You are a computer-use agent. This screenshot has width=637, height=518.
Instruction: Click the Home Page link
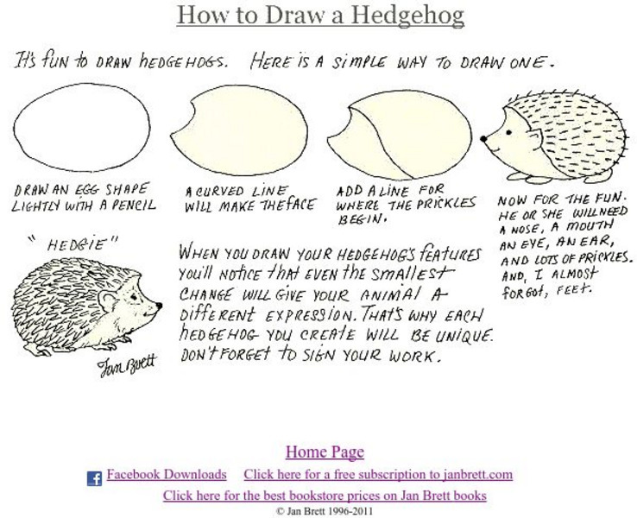click(x=325, y=452)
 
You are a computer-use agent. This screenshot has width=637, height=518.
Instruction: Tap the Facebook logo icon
click(x=94, y=478)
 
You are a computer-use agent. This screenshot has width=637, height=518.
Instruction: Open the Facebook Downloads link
click(x=167, y=475)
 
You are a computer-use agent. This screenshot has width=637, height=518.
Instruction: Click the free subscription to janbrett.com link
click(x=378, y=475)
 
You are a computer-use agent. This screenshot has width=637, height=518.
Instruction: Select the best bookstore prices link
click(x=325, y=496)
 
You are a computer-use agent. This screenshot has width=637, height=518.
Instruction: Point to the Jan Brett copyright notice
click(x=325, y=511)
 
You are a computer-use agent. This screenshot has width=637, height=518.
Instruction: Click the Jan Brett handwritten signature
click(x=127, y=364)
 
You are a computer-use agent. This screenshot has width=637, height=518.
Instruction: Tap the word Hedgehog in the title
click(x=407, y=15)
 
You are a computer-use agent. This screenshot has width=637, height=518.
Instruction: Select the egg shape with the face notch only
click(x=239, y=131)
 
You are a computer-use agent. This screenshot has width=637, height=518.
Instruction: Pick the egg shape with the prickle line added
click(x=400, y=135)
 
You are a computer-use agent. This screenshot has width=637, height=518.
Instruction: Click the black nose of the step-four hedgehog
click(x=483, y=139)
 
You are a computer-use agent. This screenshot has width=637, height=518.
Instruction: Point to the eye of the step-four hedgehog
click(x=508, y=132)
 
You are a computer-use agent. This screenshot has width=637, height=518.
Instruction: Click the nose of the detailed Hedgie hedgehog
click(x=159, y=306)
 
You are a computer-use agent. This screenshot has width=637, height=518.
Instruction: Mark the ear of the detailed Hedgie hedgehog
click(x=109, y=300)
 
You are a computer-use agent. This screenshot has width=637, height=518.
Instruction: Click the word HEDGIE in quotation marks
click(x=76, y=244)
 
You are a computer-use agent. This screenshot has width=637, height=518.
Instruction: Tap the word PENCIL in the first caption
click(x=134, y=205)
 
